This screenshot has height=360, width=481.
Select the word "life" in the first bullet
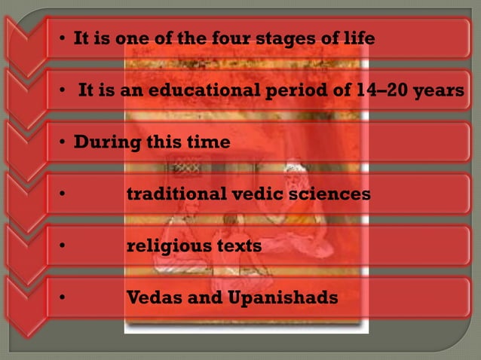tap(358, 38)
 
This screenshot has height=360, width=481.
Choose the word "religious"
tap(167, 246)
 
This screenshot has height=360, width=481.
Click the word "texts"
tap(237, 246)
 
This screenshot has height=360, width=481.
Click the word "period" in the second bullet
tap(291, 91)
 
